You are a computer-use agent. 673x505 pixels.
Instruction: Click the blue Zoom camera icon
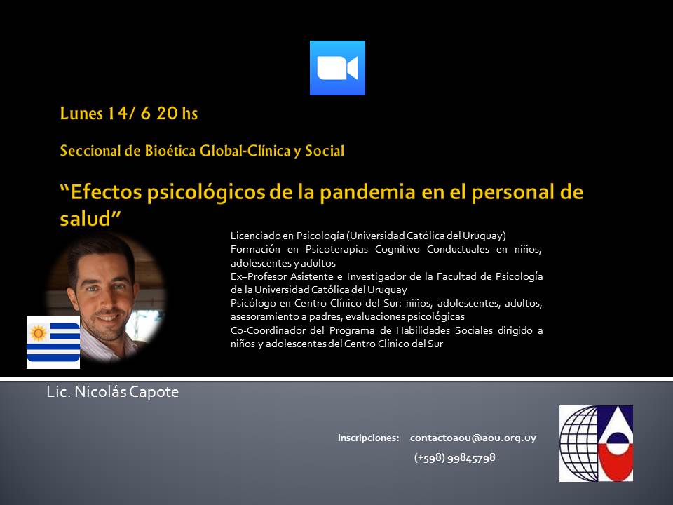[x=337, y=68]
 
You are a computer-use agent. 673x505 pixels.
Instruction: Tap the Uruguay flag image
[x=53, y=342]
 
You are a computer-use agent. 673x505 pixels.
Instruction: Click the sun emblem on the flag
[x=38, y=332]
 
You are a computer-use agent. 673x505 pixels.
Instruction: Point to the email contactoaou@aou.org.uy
[x=473, y=438]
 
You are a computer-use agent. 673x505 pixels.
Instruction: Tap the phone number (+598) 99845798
[x=454, y=458]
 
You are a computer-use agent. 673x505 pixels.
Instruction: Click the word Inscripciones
[x=368, y=438]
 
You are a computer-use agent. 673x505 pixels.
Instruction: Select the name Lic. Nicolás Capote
[x=113, y=392]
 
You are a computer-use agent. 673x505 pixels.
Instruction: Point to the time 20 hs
[x=177, y=114]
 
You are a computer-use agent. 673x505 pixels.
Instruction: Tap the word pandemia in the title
[x=367, y=192]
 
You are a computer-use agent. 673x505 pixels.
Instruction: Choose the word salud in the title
[x=86, y=219]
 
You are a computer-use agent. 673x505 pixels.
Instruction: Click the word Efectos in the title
[x=106, y=192]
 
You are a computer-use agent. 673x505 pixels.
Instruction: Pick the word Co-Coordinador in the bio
[x=267, y=330]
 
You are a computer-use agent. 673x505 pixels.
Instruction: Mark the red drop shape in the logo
[x=616, y=462]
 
